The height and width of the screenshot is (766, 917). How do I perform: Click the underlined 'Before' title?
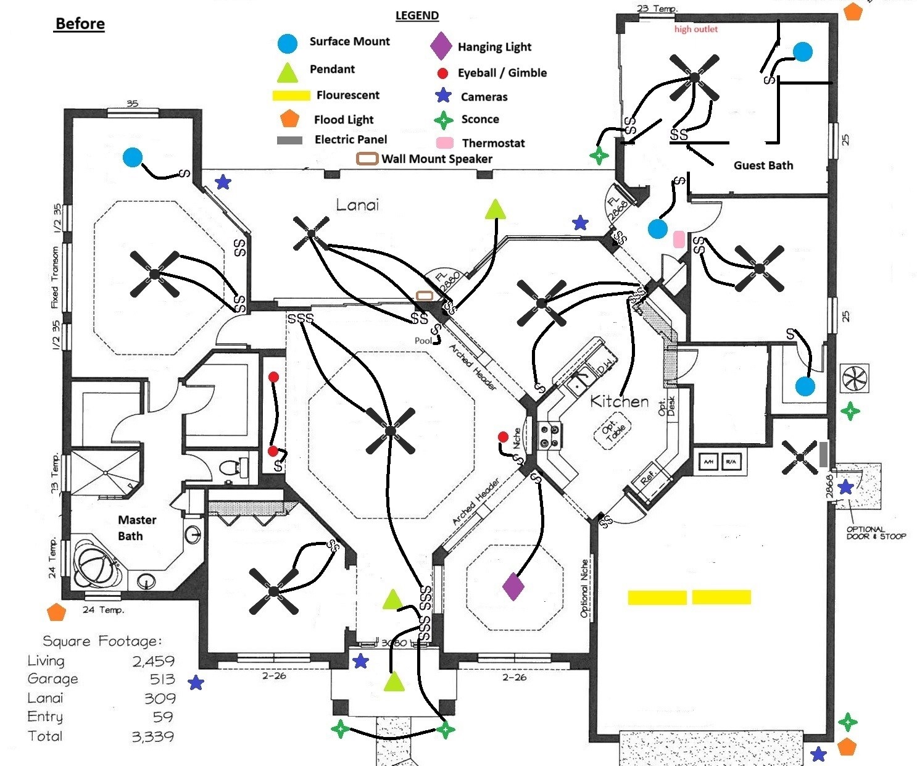tap(80, 24)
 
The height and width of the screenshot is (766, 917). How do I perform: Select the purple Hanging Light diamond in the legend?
tap(441, 46)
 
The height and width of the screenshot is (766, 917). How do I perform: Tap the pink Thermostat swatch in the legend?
tap(445, 143)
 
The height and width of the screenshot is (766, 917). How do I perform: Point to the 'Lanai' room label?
tap(357, 205)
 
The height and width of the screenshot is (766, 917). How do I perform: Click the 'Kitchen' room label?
tap(620, 402)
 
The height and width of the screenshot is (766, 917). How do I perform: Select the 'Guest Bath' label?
tap(763, 165)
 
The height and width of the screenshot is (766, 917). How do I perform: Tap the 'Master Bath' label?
tap(136, 528)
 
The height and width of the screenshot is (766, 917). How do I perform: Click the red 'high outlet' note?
tap(696, 29)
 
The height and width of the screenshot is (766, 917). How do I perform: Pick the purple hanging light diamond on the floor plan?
tap(513, 586)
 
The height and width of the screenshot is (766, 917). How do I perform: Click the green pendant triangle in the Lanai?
tap(495, 210)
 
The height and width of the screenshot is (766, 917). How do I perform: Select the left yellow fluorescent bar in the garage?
tap(657, 597)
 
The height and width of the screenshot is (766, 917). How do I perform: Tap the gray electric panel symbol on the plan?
tap(823, 454)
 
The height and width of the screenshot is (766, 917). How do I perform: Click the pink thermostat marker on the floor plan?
tap(679, 239)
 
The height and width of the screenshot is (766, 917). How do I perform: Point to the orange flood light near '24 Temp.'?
tap(56, 612)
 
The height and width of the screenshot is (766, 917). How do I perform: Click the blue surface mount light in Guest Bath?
tap(802, 52)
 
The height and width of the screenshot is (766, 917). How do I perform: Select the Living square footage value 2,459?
tap(153, 661)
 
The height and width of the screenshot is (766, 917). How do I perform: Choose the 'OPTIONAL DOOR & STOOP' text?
tap(876, 533)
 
